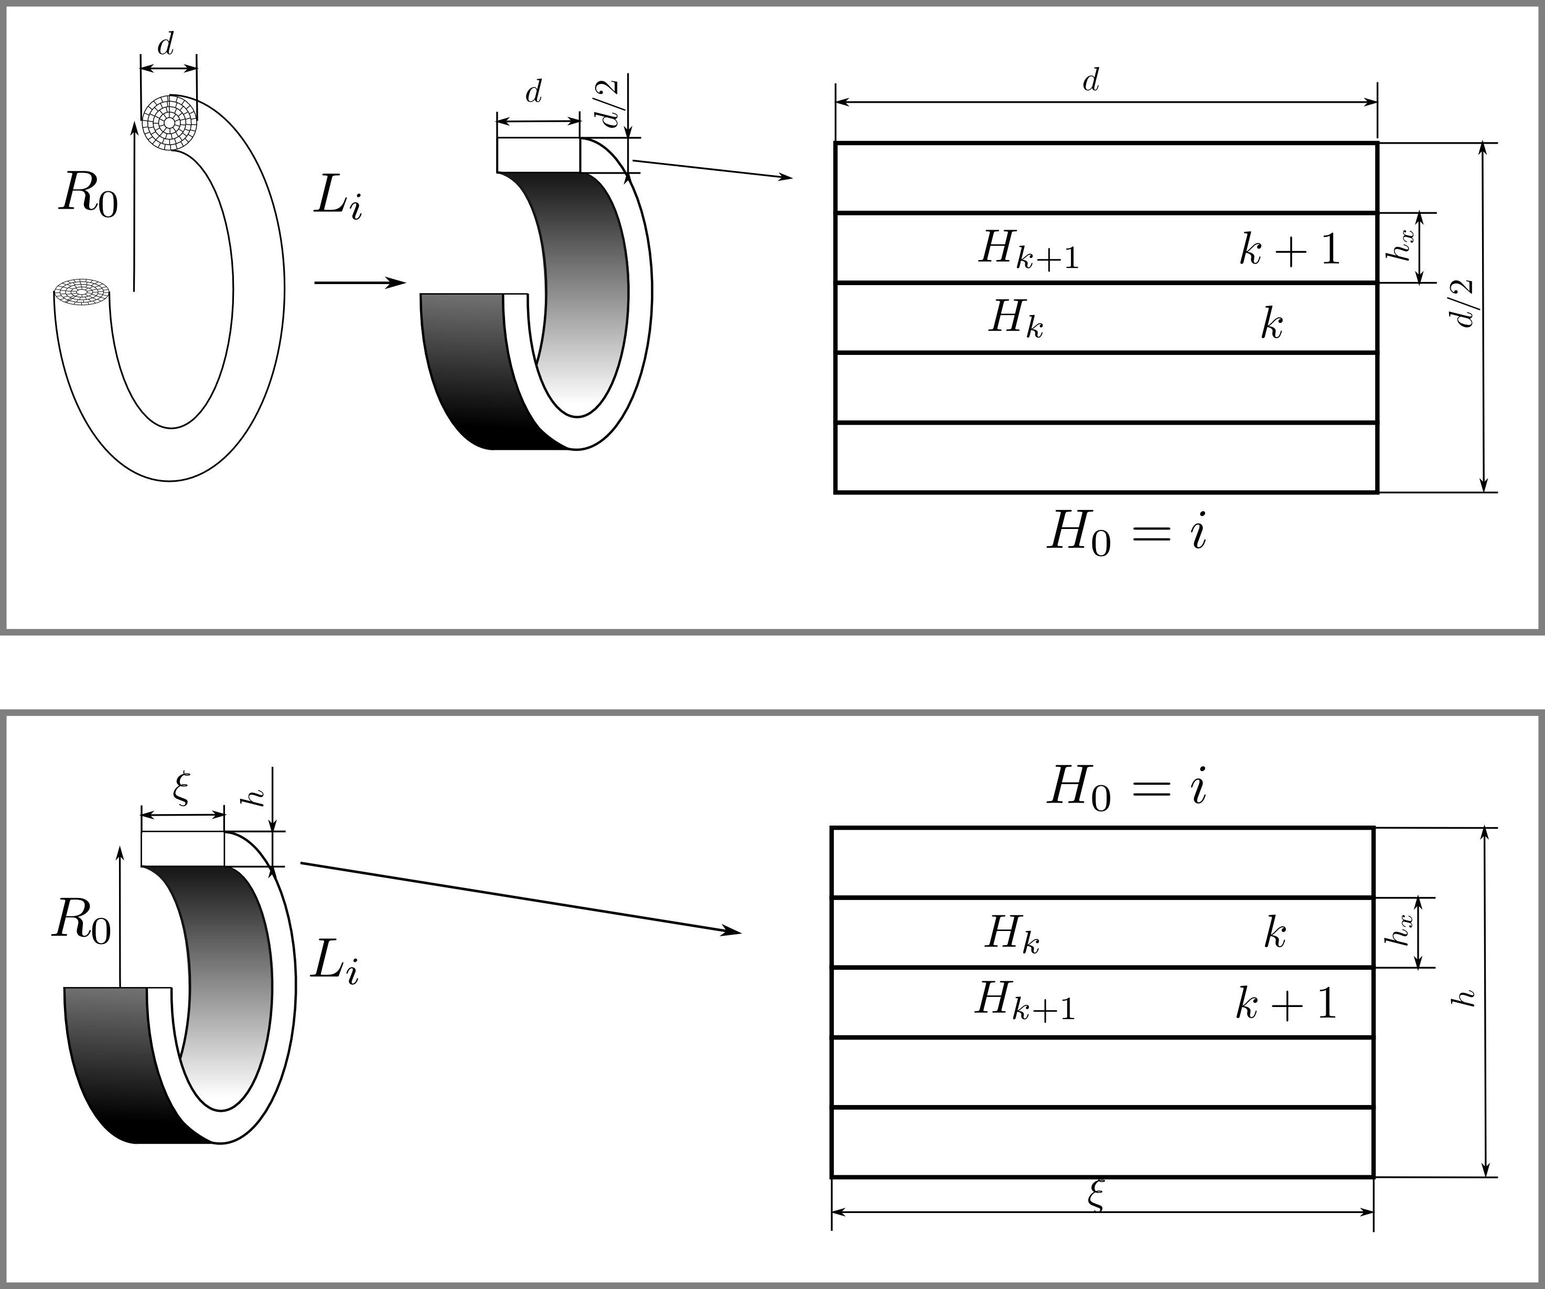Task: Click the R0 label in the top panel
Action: point(88,196)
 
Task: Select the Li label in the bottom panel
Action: point(335,962)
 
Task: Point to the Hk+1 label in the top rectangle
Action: point(1028,250)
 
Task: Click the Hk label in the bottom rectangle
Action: point(1012,935)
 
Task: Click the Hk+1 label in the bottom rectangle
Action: point(1025,1002)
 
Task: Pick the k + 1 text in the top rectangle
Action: point(1289,250)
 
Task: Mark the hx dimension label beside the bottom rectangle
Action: point(1398,930)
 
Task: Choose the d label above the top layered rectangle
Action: point(1090,81)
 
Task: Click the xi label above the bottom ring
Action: point(181,788)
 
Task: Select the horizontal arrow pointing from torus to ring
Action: point(360,283)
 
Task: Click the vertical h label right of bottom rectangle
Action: point(1466,998)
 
